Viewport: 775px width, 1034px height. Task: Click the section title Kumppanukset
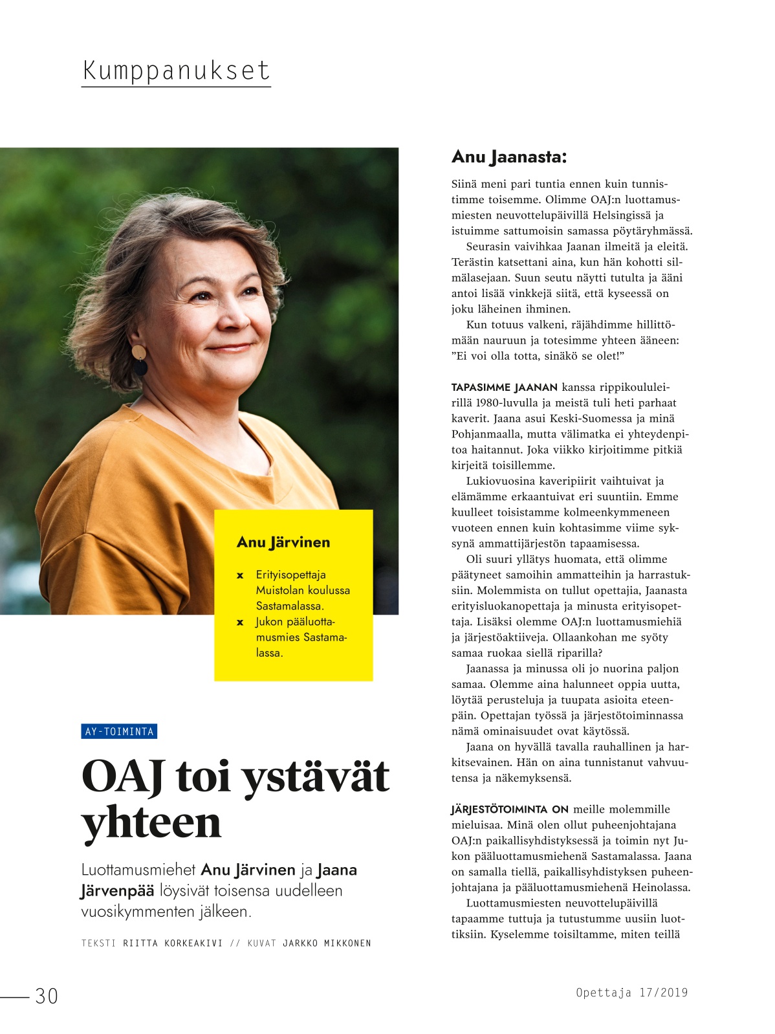click(x=175, y=71)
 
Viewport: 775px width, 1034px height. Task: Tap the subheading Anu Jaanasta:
click(x=508, y=157)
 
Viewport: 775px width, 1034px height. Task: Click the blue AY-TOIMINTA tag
click(x=119, y=731)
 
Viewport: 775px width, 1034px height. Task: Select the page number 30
click(x=47, y=996)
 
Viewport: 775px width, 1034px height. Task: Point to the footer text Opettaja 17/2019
click(x=631, y=993)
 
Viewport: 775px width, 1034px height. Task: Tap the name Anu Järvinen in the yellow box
click(x=283, y=542)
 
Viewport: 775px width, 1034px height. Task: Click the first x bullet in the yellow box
click(x=240, y=575)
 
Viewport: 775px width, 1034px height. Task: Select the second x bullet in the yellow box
click(x=240, y=622)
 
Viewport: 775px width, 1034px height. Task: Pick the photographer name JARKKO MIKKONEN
click(x=327, y=943)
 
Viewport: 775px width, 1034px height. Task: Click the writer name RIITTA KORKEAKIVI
click(x=173, y=943)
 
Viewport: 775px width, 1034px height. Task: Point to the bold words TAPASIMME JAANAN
click(x=504, y=388)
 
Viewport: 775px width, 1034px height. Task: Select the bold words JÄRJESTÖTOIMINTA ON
click(x=510, y=809)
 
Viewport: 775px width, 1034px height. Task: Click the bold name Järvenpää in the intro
click(x=117, y=891)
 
